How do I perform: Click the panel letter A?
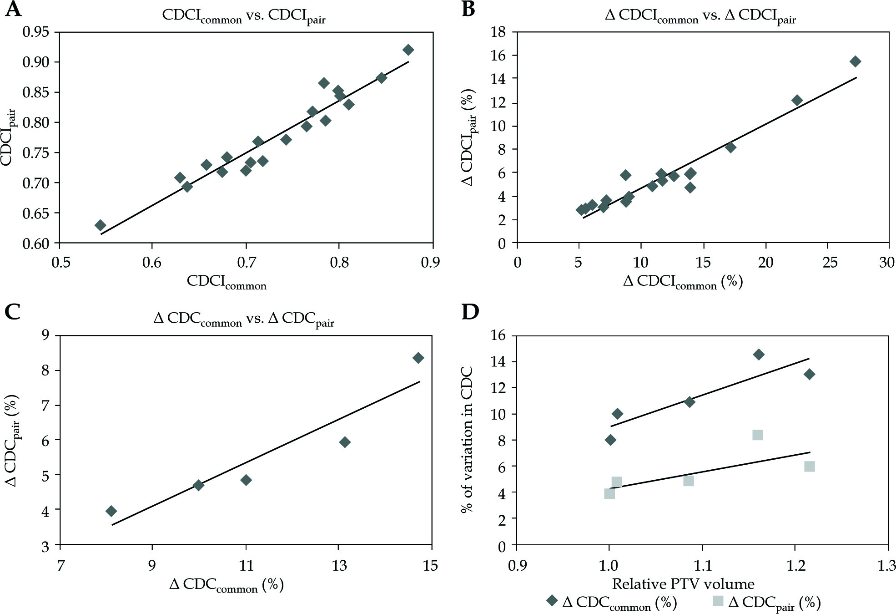tap(13, 9)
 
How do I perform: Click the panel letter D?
tap(470, 312)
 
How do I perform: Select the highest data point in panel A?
tap(408, 50)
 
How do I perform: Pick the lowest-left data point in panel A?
tap(100, 225)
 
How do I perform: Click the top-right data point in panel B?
tap(855, 61)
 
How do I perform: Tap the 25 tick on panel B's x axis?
tap(830, 263)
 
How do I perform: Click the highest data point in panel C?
tap(418, 358)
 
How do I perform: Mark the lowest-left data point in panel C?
tap(111, 511)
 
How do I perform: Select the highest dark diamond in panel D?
tap(759, 355)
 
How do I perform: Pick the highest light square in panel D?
tap(757, 435)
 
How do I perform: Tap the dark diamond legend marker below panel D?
tap(552, 601)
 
